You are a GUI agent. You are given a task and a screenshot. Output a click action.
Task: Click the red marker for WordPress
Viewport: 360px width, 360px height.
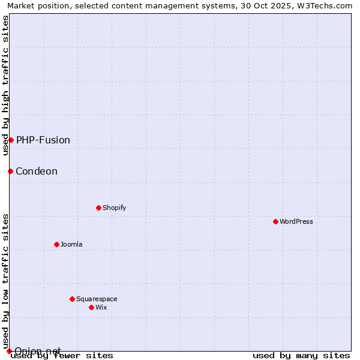(x=275, y=221)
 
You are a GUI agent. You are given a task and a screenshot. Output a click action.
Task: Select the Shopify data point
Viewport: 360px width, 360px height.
(x=98, y=208)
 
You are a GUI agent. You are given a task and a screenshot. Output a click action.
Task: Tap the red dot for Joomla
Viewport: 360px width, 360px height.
(x=56, y=244)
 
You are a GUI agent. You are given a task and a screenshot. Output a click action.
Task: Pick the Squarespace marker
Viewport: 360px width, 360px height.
(x=72, y=299)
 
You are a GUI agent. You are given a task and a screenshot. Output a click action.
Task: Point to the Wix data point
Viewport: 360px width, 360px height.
(x=91, y=307)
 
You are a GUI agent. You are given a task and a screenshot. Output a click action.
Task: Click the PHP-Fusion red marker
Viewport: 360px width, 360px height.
(x=11, y=140)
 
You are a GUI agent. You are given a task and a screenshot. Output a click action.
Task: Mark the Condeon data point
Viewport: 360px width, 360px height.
(x=10, y=171)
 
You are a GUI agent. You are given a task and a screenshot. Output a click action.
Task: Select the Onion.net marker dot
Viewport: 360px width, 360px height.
(x=9, y=351)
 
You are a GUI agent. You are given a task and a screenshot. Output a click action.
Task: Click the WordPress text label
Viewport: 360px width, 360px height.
(x=296, y=221)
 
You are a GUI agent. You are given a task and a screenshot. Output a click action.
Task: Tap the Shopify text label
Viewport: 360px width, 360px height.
(x=114, y=208)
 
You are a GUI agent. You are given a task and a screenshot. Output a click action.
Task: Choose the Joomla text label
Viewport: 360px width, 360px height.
(x=71, y=244)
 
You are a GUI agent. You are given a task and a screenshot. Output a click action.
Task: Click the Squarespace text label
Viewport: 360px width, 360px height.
(x=97, y=299)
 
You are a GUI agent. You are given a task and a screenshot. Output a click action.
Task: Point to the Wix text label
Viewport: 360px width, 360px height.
(x=101, y=307)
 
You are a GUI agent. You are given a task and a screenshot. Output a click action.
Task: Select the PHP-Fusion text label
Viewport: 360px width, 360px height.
(x=43, y=140)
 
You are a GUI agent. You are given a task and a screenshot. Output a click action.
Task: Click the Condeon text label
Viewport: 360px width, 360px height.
(x=37, y=171)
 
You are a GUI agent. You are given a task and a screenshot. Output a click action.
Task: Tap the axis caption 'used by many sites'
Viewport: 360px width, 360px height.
(x=301, y=355)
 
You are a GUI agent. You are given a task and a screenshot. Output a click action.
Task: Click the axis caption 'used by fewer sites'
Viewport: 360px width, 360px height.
(x=62, y=355)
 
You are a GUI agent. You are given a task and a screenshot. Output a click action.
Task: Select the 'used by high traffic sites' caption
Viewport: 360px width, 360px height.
(x=5, y=85)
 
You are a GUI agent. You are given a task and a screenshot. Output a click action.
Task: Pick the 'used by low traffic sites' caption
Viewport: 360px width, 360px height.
(x=5, y=281)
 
